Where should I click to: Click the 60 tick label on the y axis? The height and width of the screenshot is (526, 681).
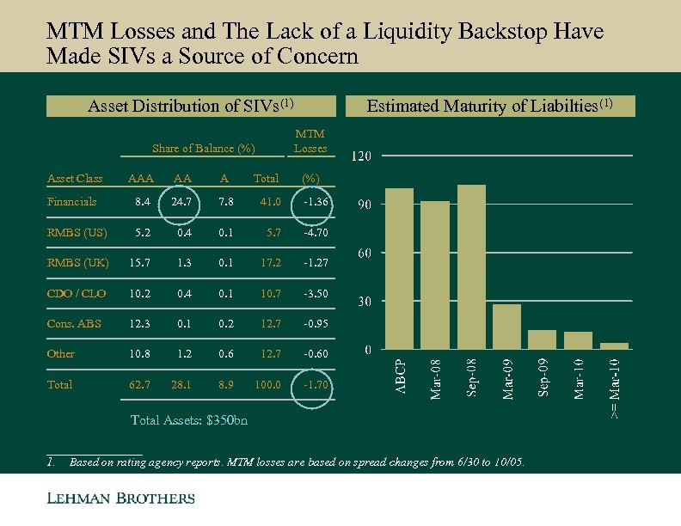(x=365, y=254)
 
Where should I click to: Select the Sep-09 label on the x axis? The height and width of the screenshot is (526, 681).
(x=543, y=377)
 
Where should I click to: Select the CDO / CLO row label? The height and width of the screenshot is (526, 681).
(x=77, y=293)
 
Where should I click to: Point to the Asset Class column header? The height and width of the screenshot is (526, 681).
(x=75, y=178)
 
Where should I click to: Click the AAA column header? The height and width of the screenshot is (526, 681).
(x=139, y=178)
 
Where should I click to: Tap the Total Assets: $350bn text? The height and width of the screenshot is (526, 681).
(x=187, y=420)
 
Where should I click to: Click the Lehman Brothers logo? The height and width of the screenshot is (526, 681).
(x=120, y=498)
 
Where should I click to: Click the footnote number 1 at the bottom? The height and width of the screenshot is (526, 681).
(x=51, y=462)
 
